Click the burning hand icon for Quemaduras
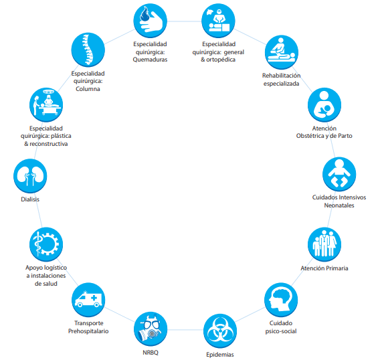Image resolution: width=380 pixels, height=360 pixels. (x=151, y=21)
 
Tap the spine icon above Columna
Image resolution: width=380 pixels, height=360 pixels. (x=88, y=50)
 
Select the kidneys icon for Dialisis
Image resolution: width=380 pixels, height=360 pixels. (x=30, y=176)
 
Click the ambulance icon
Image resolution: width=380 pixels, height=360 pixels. (x=88, y=300)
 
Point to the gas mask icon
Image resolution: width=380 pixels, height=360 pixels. (x=151, y=329)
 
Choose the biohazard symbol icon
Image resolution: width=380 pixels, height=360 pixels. (x=220, y=331)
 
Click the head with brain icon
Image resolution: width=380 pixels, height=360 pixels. (x=281, y=300)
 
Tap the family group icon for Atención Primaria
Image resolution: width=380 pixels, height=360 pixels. (x=324, y=244)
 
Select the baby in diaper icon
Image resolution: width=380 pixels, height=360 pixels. (x=339, y=174)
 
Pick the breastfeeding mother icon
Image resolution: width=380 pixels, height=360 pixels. (x=324, y=105)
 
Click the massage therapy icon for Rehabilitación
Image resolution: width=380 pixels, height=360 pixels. (x=282, y=52)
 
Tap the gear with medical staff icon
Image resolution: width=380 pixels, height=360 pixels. (x=46, y=244)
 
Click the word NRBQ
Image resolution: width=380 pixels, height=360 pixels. (x=151, y=353)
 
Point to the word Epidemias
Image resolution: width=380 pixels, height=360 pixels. (x=220, y=355)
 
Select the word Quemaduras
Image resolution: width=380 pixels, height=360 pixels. (x=150, y=60)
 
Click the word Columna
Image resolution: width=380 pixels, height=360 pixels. (x=88, y=89)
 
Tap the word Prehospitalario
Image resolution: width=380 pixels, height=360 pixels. (x=88, y=331)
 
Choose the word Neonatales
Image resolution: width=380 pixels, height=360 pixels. (x=339, y=205)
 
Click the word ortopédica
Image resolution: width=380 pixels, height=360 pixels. (x=221, y=60)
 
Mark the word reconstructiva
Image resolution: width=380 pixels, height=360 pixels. (x=49, y=144)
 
